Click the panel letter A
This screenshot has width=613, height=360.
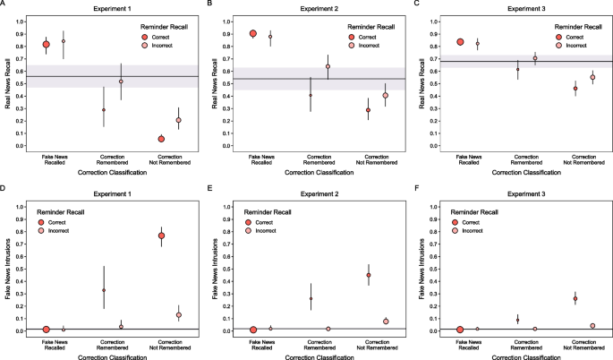[4, 4]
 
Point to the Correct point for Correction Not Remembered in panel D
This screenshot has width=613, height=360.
[161, 236]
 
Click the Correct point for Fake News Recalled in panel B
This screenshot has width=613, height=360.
[253, 33]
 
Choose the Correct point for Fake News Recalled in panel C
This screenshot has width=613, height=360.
[460, 41]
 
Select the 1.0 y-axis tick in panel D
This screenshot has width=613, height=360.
[24, 207]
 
